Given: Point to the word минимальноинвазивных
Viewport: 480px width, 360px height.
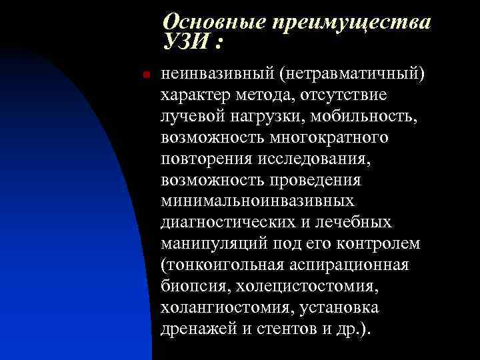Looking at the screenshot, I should pyautogui.click(x=257, y=201).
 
